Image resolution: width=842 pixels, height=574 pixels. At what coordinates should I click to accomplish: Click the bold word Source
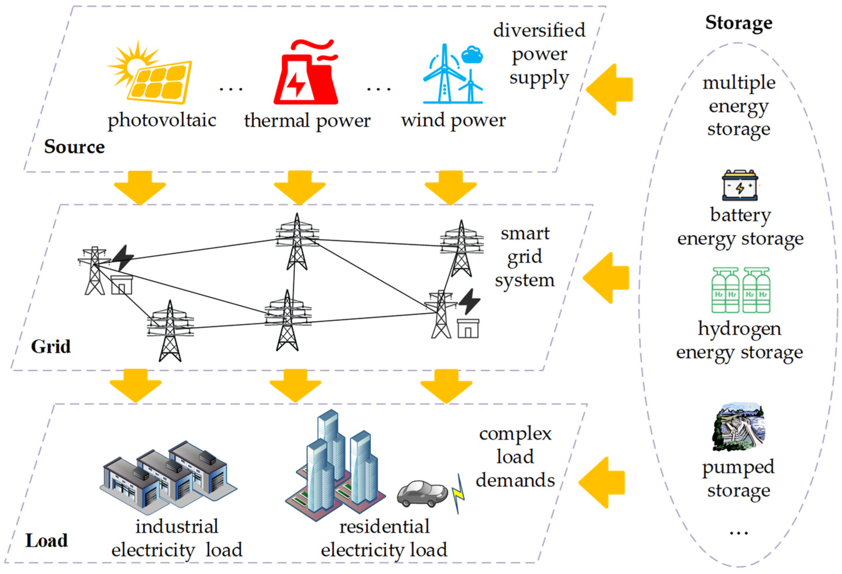point(74,147)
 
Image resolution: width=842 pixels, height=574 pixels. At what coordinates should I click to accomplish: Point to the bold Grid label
point(51,346)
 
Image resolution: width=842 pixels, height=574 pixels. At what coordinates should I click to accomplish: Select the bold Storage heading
point(739,23)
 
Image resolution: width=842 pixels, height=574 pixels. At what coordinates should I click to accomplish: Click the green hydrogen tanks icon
point(741,290)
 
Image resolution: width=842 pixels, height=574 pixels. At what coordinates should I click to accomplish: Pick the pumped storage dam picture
point(739,429)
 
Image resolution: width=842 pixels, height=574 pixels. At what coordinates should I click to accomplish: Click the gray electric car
point(422,493)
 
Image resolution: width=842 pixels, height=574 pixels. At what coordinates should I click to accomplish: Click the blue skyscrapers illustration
point(335,468)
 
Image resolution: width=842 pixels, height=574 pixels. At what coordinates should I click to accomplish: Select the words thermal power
point(307,121)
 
